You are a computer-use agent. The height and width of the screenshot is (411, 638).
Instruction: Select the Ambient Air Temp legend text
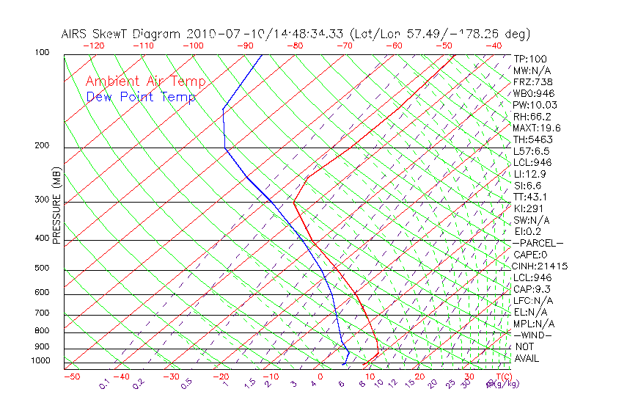[145, 81]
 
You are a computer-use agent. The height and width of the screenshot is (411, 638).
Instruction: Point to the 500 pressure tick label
[43, 268]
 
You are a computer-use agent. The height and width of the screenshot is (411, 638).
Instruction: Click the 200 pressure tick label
[43, 146]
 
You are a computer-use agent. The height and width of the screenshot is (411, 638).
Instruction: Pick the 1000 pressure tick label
[41, 361]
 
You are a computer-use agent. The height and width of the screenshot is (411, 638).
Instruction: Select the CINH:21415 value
[540, 266]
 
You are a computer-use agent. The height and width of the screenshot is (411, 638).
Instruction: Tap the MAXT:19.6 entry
[537, 128]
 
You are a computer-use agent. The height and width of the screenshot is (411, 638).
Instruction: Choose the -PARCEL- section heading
[538, 243]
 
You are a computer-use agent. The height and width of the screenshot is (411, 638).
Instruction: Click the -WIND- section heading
[532, 335]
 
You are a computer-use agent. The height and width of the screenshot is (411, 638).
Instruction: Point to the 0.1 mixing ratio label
[104, 384]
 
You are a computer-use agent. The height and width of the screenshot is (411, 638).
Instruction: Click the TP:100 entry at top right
[530, 59]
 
